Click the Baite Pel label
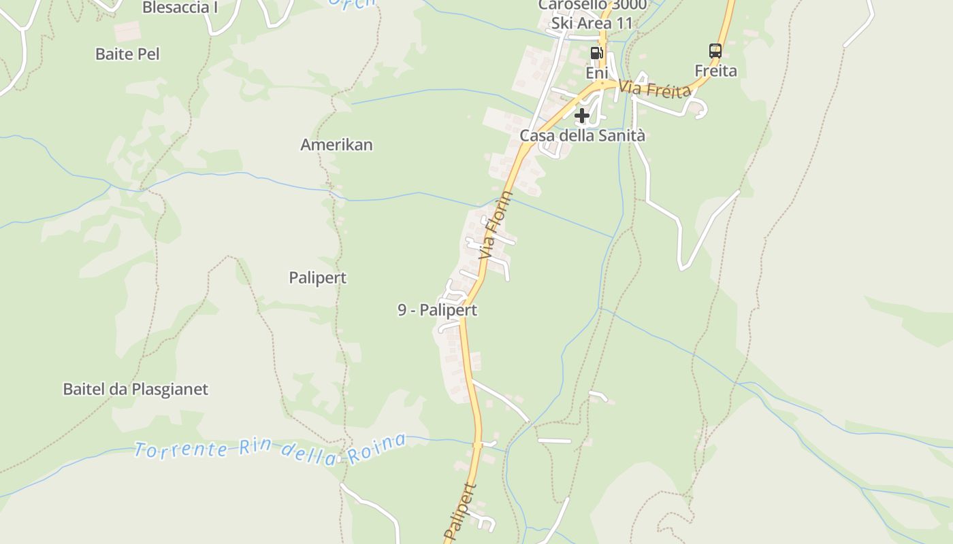tap(127, 54)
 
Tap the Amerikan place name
tap(336, 145)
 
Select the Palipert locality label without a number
tap(317, 277)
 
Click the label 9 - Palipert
tap(437, 310)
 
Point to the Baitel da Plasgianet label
tap(135, 390)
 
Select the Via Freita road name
tap(656, 90)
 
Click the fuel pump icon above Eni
tap(596, 52)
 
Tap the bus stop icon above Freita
tap(715, 50)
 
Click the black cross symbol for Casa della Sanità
tap(581, 116)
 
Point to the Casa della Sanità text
tap(582, 135)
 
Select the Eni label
tap(596, 72)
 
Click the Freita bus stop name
tap(715, 71)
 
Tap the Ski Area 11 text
tap(592, 24)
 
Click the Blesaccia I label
tap(180, 7)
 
